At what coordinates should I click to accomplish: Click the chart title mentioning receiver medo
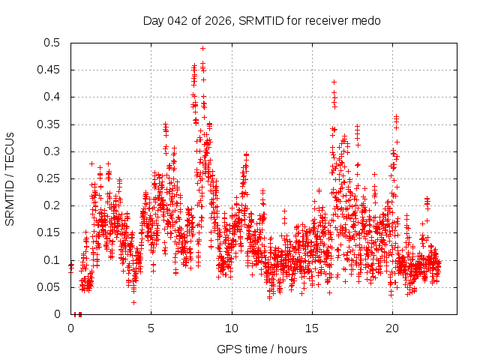click(x=262, y=21)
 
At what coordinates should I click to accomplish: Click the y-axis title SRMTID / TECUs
click(x=10, y=178)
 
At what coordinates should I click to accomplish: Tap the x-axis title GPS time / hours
click(x=262, y=349)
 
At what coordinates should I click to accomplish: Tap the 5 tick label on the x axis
click(x=151, y=328)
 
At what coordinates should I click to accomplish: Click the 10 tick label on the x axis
click(x=232, y=328)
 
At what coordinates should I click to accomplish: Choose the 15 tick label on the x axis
click(x=312, y=328)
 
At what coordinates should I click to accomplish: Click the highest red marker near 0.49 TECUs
click(x=202, y=48)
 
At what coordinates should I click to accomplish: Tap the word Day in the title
click(x=153, y=21)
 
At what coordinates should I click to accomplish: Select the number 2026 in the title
click(x=219, y=21)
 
